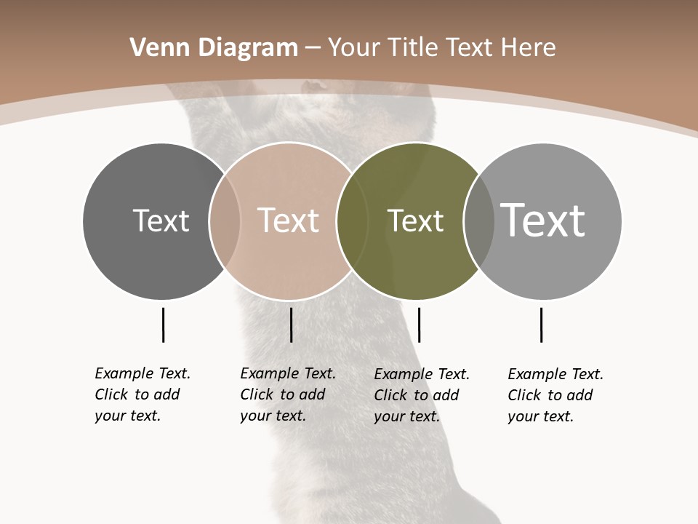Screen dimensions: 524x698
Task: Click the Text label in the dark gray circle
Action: [x=161, y=221]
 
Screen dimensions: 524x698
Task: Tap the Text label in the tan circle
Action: [x=288, y=221]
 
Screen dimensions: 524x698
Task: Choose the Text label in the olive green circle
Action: [x=415, y=221]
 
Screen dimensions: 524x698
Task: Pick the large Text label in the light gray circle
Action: [x=542, y=220]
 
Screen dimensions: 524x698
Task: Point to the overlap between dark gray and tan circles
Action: [x=225, y=221]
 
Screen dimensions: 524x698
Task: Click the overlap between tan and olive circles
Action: [x=352, y=221]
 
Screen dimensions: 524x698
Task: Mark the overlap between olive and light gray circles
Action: [x=479, y=221]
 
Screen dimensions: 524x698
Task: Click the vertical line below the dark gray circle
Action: [x=163, y=325]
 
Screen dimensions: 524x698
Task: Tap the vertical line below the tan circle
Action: [x=291, y=325]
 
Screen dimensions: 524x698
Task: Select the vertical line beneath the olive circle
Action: [x=419, y=325]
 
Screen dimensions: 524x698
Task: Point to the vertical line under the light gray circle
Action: [x=541, y=325]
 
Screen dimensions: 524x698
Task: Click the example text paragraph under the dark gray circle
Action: [x=143, y=394]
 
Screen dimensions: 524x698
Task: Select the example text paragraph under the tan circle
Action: [x=288, y=394]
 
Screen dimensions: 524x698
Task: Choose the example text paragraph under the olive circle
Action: [x=422, y=395]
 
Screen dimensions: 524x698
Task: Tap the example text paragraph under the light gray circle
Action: [x=555, y=395]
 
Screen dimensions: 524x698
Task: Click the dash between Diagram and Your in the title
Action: [x=313, y=49]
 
